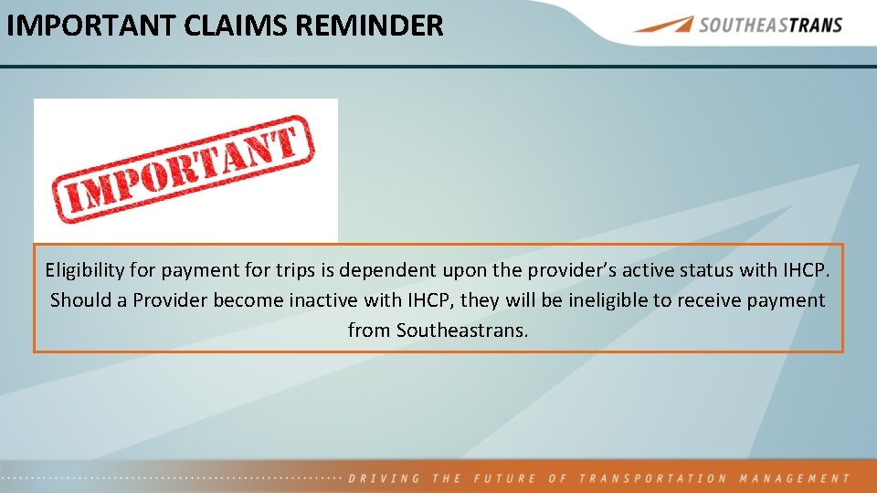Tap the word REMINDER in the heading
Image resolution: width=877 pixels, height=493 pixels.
[x=369, y=25]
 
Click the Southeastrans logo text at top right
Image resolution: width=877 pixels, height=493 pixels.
[x=770, y=25]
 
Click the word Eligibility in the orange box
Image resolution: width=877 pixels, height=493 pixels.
[x=86, y=270]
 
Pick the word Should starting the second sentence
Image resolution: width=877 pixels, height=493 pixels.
[x=79, y=300]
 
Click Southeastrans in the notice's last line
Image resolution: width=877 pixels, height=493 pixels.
[x=461, y=330]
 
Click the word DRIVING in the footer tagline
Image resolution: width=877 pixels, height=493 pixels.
[x=385, y=478]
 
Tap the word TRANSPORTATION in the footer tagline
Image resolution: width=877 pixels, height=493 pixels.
[x=652, y=478]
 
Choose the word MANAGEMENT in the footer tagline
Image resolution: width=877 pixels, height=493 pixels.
[x=794, y=478]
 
